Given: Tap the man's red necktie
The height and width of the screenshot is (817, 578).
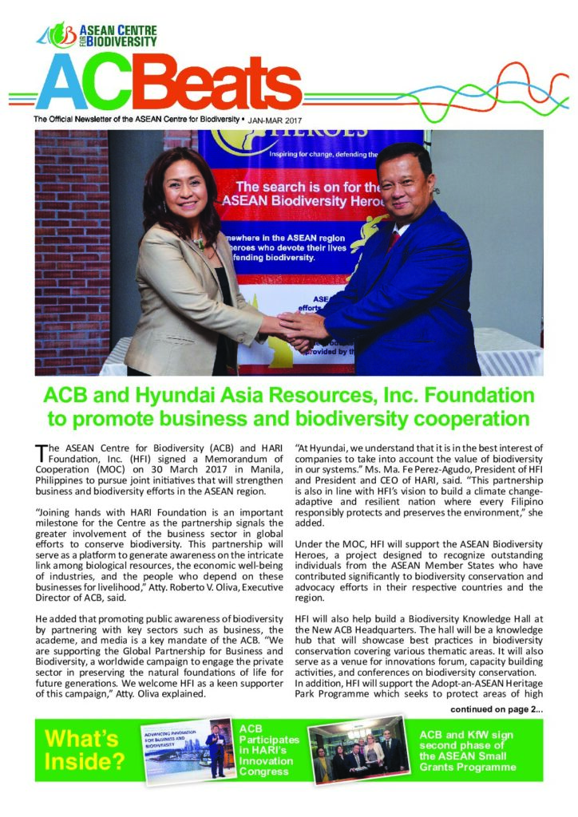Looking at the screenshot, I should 394,239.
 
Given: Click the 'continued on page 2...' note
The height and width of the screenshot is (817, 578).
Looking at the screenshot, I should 497,708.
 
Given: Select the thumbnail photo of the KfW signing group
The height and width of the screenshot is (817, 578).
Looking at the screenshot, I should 358,751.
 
